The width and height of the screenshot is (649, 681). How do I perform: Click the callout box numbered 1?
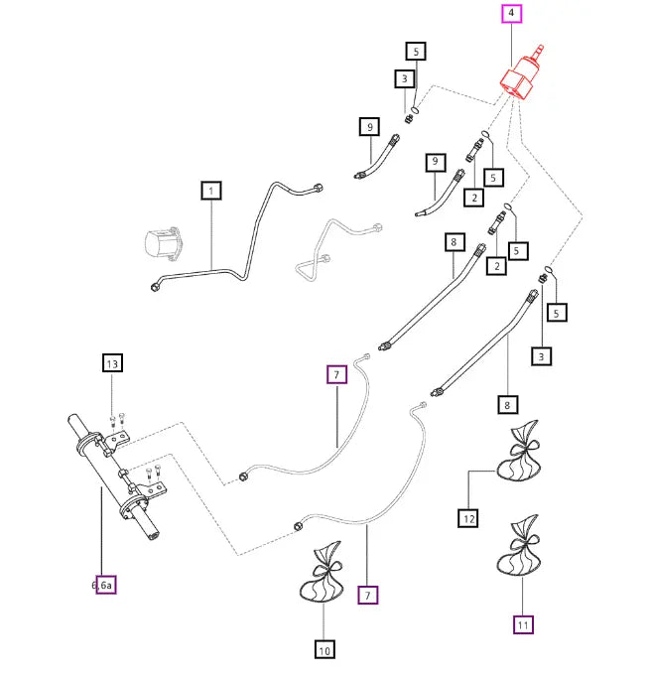[211, 191]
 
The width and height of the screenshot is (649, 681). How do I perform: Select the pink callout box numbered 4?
[511, 13]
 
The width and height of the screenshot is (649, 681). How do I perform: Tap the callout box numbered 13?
[112, 363]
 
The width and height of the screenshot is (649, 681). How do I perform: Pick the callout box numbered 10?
[324, 649]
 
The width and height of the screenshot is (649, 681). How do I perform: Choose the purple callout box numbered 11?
[523, 624]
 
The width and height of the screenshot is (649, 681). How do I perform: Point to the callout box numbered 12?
[468, 518]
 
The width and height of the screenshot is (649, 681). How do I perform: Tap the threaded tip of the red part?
[540, 49]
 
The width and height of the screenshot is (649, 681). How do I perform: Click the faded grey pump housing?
[162, 243]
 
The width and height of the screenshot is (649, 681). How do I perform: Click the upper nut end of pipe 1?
[317, 188]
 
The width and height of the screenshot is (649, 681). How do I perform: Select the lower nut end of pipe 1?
[155, 286]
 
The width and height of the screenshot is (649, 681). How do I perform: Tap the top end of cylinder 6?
[72, 419]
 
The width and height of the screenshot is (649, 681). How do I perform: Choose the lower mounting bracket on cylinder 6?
[152, 489]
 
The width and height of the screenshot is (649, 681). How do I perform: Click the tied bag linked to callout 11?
[519, 546]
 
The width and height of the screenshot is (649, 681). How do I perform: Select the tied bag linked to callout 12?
[519, 451]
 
